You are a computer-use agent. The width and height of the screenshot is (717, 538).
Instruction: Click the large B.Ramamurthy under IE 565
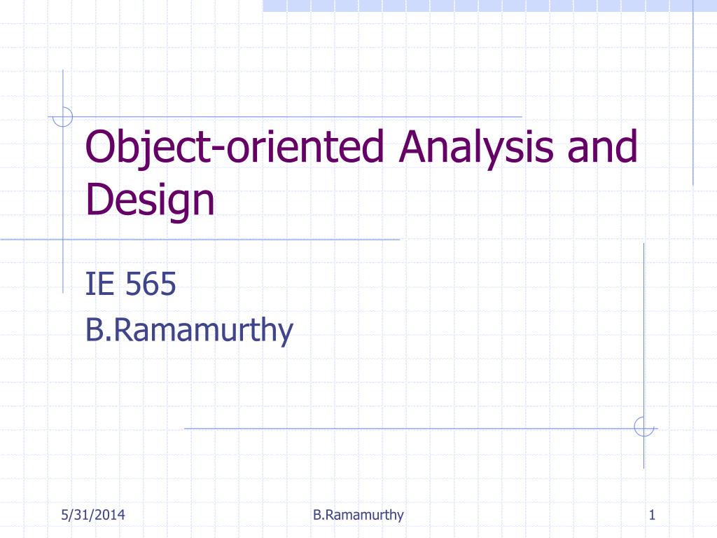click(x=188, y=329)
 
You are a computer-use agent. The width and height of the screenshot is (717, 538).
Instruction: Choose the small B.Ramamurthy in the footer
click(x=358, y=516)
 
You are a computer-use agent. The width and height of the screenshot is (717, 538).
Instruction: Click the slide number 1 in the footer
click(x=651, y=516)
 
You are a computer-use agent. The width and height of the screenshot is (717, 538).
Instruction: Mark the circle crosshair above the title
click(x=63, y=116)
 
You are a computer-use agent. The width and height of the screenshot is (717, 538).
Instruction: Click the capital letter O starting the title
click(x=97, y=148)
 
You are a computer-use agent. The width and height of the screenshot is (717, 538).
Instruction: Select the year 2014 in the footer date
click(x=111, y=516)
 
